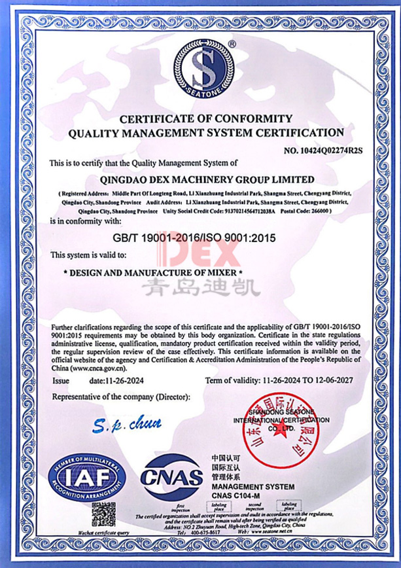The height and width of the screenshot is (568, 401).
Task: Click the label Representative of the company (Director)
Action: pos(121,398)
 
